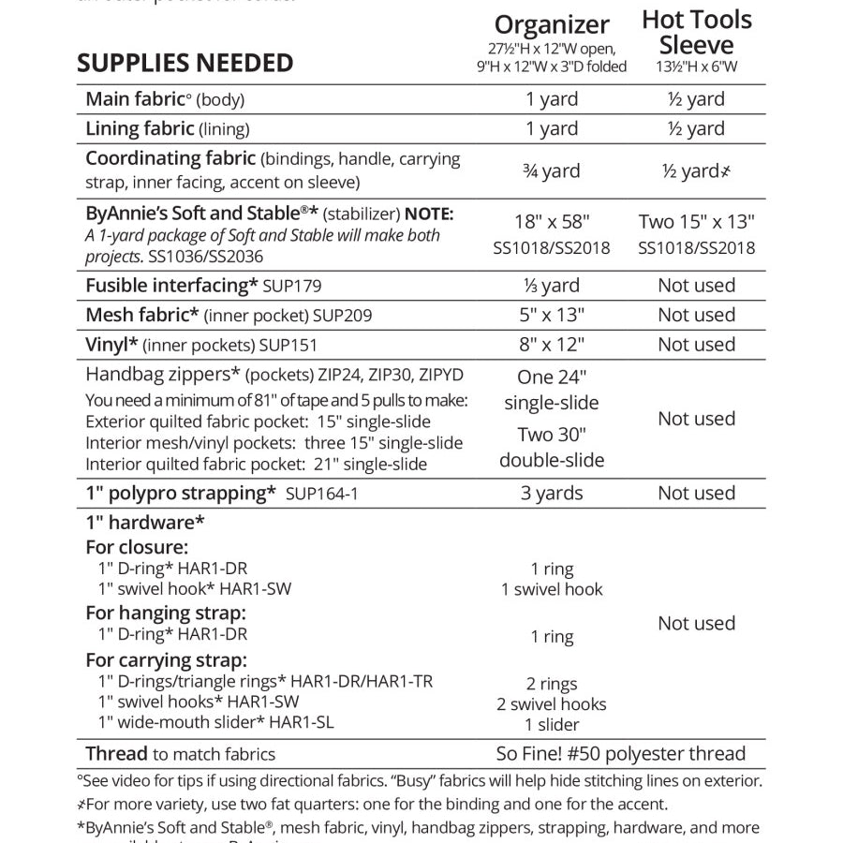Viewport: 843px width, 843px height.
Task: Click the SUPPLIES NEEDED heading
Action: click(185, 63)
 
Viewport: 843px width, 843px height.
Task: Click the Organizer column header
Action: click(552, 25)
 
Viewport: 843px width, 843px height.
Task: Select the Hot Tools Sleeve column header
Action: click(696, 32)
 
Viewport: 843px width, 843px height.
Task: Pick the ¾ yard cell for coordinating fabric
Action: click(551, 171)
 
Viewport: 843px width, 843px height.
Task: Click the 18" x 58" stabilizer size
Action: click(552, 222)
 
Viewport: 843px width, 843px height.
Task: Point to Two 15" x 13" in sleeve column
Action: click(696, 222)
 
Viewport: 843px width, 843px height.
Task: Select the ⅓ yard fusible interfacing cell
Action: click(551, 286)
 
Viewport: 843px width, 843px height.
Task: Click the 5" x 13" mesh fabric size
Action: click(552, 315)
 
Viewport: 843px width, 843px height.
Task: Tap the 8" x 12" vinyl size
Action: click(552, 345)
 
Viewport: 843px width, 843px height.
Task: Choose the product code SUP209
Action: click(342, 316)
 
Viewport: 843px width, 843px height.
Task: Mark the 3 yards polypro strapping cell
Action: click(552, 494)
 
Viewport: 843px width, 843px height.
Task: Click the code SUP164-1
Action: click(322, 494)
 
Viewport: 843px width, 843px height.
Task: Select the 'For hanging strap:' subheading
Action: click(166, 614)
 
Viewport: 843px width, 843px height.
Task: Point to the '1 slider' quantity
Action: click(552, 724)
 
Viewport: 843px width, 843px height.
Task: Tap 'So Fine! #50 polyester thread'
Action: click(621, 754)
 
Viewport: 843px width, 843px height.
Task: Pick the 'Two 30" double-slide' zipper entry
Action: click(552, 447)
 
